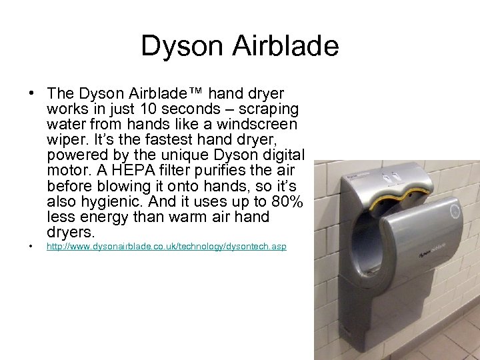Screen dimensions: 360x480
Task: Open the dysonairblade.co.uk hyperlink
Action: (166, 247)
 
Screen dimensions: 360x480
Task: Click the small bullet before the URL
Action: (31, 247)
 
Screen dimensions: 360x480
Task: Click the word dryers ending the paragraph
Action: (71, 233)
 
